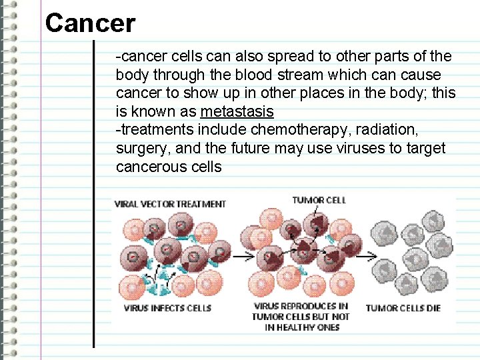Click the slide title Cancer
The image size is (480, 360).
[x=90, y=24]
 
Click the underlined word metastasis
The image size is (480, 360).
[x=237, y=111]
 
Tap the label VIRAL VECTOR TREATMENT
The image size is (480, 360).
[x=171, y=204]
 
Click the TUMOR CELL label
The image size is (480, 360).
[x=319, y=200]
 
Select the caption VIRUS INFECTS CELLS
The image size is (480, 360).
[x=167, y=308]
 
